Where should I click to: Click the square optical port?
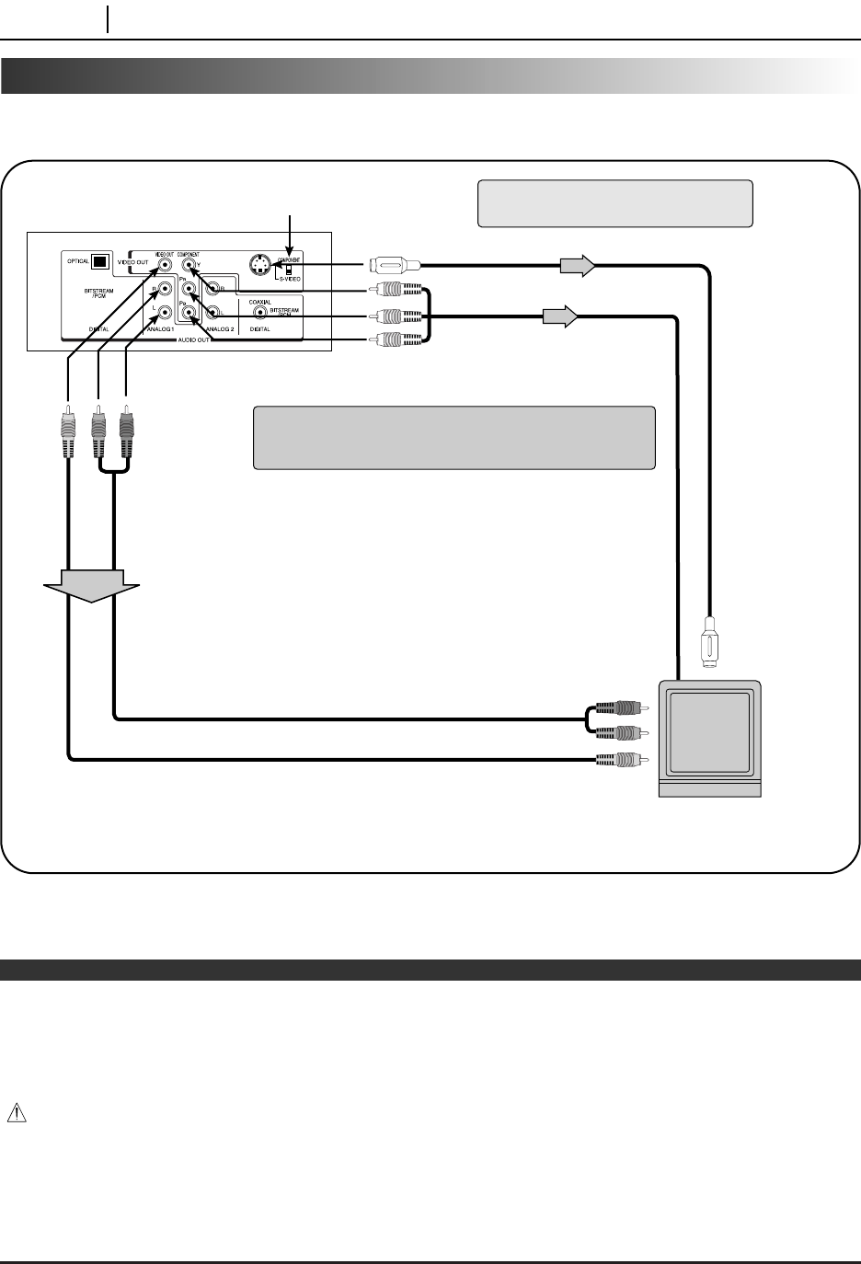click(x=99, y=260)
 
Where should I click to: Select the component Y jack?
click(x=189, y=266)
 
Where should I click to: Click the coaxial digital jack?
click(x=260, y=313)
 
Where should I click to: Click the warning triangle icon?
click(x=16, y=1113)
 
